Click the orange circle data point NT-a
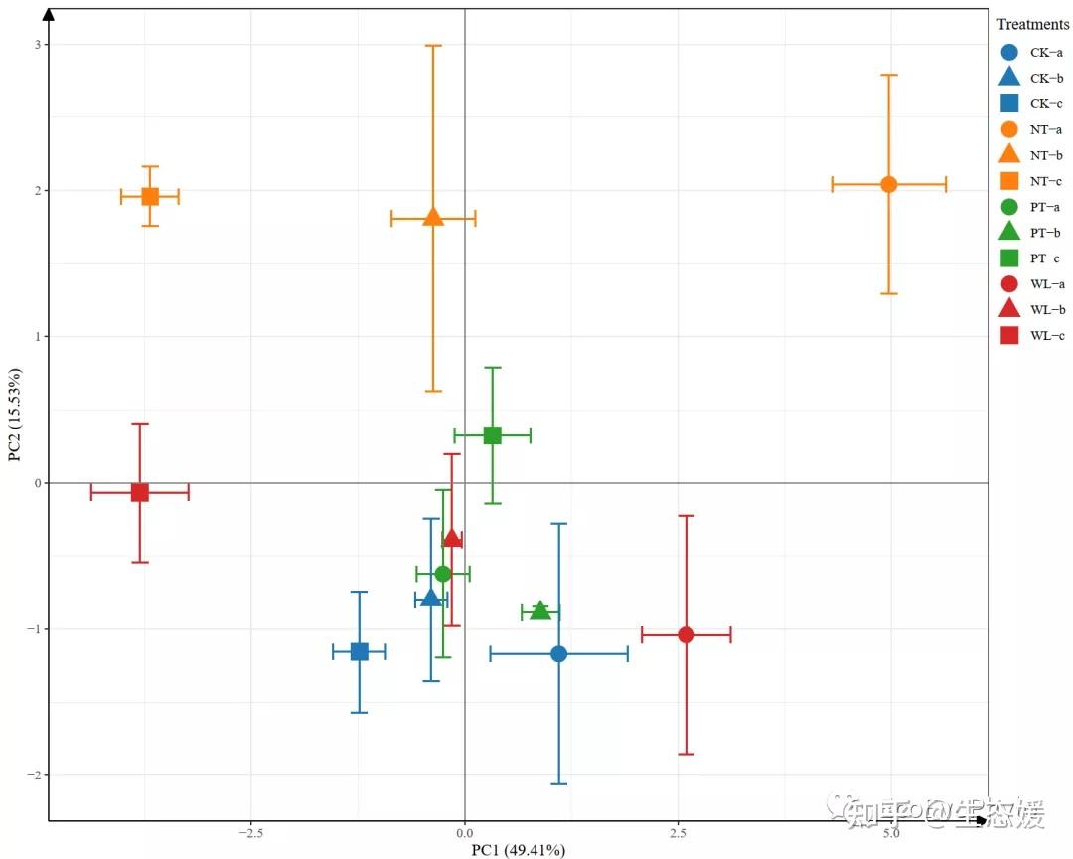point(888,184)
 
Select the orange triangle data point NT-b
point(433,216)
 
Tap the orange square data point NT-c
point(150,196)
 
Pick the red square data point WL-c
point(140,492)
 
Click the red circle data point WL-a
point(686,634)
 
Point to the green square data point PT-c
point(492,434)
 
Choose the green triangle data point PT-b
point(539,610)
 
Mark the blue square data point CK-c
point(360,651)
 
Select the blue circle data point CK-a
point(558,653)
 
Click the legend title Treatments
point(1032,24)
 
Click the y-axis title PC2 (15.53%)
point(15,415)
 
